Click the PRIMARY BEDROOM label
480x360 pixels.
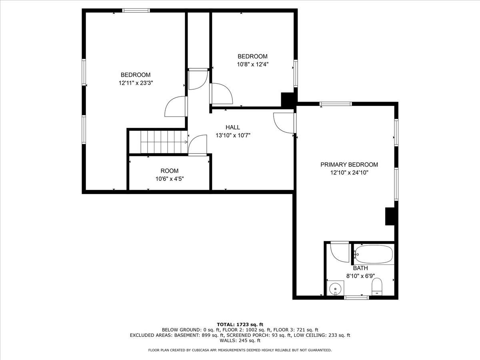coord(349,164)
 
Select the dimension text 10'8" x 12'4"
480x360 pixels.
coord(252,64)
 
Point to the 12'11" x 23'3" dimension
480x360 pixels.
coord(136,83)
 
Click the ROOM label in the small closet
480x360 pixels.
coord(170,171)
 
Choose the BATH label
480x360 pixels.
coord(360,268)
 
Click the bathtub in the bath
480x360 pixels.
coord(374,254)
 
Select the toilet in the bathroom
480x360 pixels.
coord(377,287)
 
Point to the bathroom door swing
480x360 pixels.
coord(339,251)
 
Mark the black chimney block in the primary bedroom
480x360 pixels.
coord(390,216)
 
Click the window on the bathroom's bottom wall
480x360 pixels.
coord(356,297)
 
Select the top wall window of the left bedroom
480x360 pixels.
coord(136,10)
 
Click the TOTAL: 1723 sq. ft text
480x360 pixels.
coord(240,324)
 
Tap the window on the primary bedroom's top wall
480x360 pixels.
coord(336,104)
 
